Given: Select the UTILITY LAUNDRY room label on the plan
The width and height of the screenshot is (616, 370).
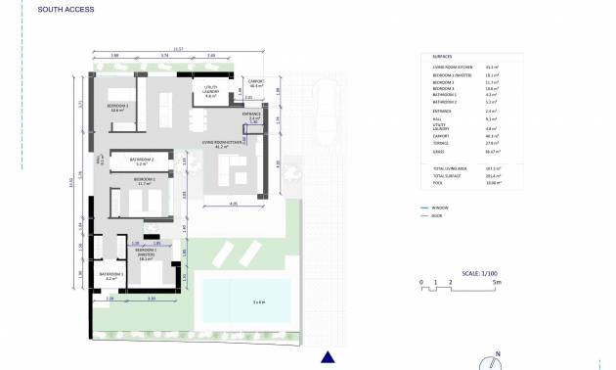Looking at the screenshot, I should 210,92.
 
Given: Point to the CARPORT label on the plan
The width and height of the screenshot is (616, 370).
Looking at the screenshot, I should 257,82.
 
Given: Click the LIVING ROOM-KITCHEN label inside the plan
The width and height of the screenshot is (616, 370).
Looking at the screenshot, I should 221,143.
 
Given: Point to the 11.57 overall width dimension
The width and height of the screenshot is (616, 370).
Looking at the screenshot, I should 178,47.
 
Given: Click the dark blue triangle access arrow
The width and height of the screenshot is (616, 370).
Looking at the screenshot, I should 330,358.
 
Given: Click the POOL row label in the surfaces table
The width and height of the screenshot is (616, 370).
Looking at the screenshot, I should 436,182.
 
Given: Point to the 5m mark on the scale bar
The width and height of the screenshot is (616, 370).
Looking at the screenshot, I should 499,281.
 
